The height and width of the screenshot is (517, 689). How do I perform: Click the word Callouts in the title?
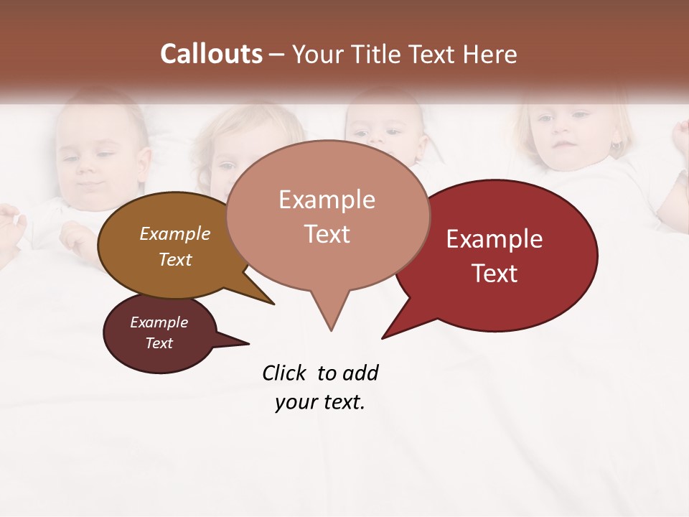pyautogui.click(x=211, y=54)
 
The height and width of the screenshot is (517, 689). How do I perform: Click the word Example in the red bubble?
pyautogui.click(x=495, y=239)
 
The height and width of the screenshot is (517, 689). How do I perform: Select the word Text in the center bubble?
pyautogui.click(x=327, y=234)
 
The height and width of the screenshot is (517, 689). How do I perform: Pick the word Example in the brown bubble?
pyautogui.click(x=174, y=233)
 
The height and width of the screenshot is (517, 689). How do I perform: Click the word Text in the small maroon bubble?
pyautogui.click(x=159, y=343)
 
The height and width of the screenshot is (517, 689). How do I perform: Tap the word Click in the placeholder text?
pyautogui.click(x=285, y=373)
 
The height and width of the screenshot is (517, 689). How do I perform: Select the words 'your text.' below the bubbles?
pyautogui.click(x=319, y=402)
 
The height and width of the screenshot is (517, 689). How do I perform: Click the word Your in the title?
pyautogui.click(x=318, y=54)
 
